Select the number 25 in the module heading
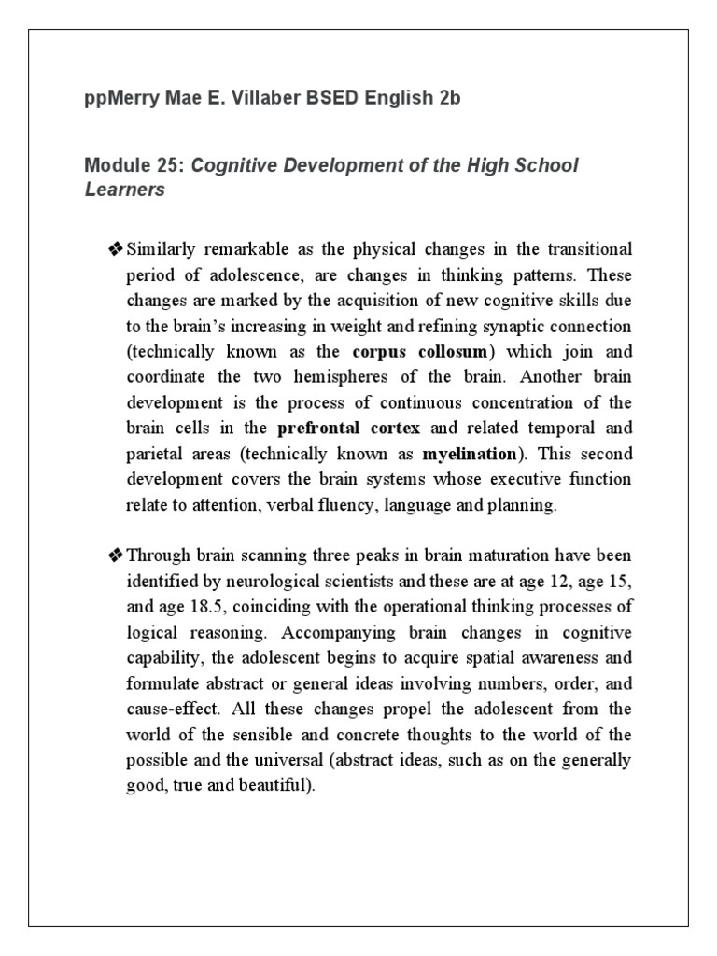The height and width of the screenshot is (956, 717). (170, 165)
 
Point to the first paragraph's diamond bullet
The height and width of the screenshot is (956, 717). (116, 250)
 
